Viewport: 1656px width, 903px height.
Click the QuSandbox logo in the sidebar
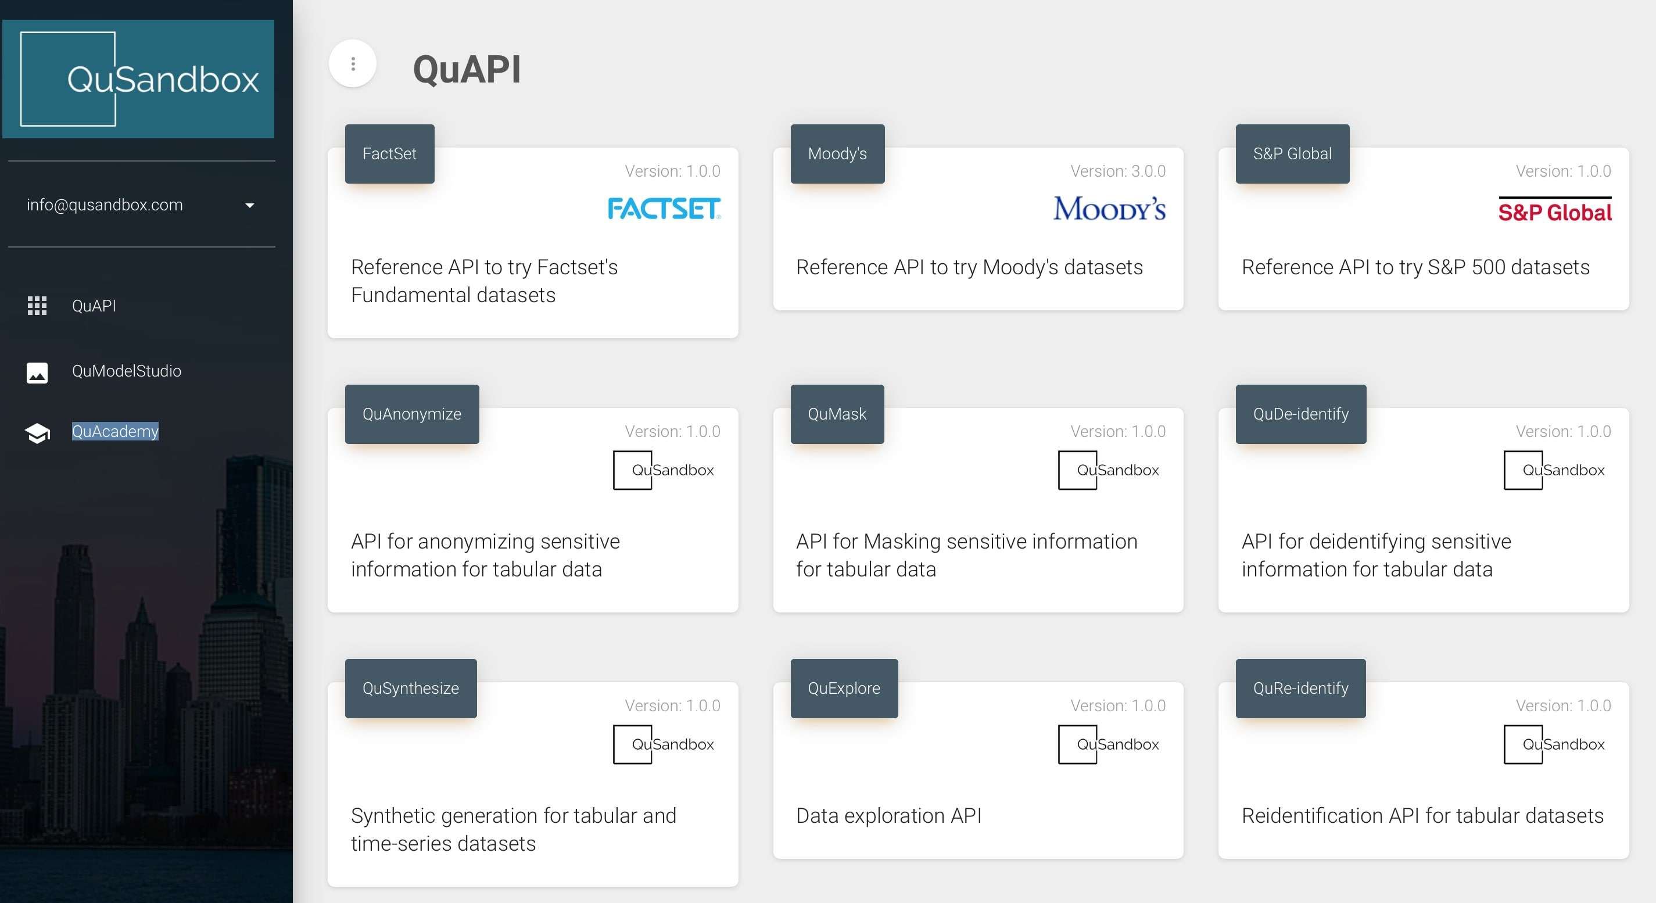(138, 79)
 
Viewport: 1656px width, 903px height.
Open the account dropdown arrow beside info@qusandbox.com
(250, 206)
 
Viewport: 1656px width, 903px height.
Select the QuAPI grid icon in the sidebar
(37, 306)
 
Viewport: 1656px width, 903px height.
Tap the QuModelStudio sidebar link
(127, 371)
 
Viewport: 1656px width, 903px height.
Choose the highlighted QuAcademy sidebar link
(115, 431)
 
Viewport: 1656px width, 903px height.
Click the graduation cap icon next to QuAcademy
(37, 433)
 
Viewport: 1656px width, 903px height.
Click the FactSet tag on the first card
(389, 153)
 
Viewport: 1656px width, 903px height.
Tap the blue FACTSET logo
(664, 208)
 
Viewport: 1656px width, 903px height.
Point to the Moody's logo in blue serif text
(1110, 208)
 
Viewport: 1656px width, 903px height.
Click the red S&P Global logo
(1555, 210)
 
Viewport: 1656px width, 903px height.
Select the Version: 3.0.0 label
(1118, 171)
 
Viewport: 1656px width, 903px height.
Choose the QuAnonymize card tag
(412, 414)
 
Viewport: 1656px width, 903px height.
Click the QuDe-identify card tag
(1301, 414)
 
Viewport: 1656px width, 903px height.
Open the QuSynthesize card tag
(411, 689)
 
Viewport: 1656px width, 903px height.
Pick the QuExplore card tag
(844, 689)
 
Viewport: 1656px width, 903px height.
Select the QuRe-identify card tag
(1300, 689)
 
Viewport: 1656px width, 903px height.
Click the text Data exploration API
(889, 816)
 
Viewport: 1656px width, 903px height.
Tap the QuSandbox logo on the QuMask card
(1109, 471)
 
